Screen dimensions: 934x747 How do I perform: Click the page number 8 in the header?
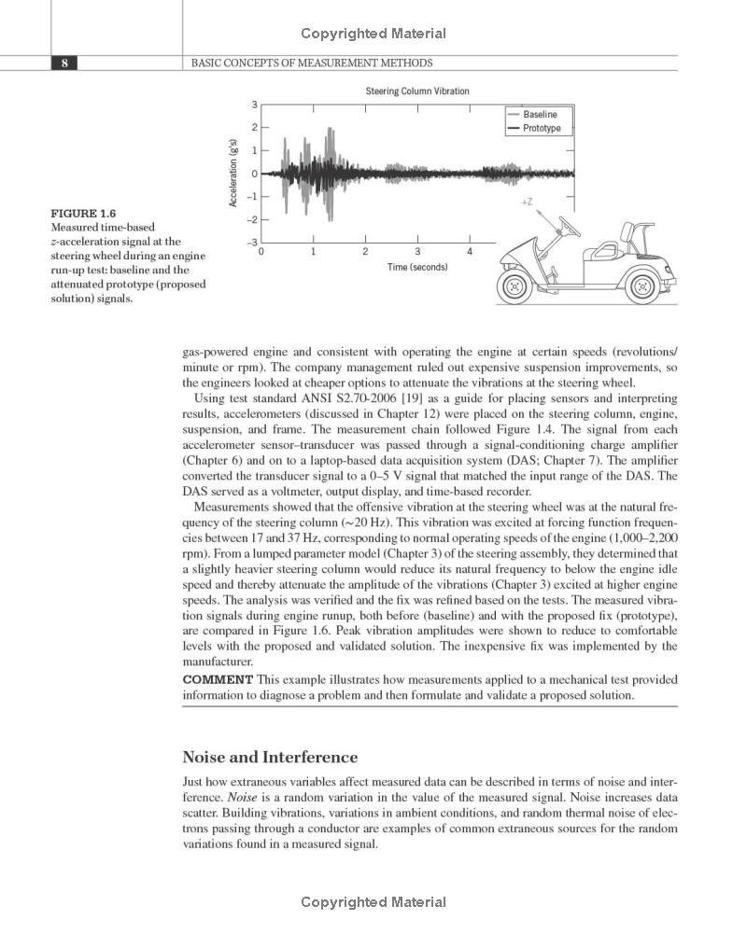tap(63, 63)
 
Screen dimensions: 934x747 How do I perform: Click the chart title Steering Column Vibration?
tap(416, 91)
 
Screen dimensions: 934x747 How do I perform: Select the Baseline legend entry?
tap(540, 114)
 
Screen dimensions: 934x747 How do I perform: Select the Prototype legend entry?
tap(542, 128)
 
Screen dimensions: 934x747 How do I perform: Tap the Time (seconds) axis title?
tap(416, 268)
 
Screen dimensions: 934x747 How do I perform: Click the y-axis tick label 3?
tap(254, 104)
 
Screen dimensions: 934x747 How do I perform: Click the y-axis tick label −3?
tap(251, 243)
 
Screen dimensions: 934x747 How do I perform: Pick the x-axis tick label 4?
tap(470, 252)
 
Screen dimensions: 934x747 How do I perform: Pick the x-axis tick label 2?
tap(365, 252)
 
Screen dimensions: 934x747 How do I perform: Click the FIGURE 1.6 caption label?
tap(83, 213)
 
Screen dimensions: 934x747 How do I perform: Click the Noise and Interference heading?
tap(270, 757)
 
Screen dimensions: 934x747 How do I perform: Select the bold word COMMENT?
tap(217, 679)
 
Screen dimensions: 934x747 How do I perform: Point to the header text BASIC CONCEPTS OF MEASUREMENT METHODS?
tap(312, 63)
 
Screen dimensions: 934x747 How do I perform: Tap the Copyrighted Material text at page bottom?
tap(373, 902)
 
